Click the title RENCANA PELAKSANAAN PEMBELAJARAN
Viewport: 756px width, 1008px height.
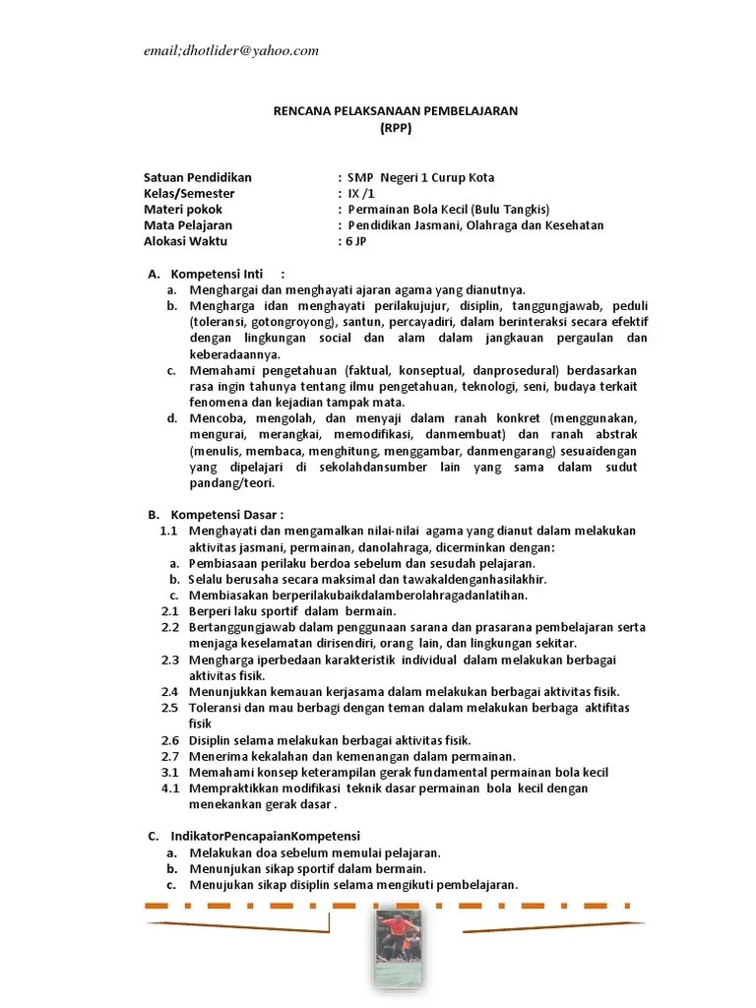pyautogui.click(x=395, y=111)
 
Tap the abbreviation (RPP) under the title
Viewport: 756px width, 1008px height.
pyautogui.click(x=395, y=127)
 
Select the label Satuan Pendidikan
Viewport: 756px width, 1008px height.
pyautogui.click(x=198, y=177)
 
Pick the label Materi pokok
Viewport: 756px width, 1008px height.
pyautogui.click(x=183, y=209)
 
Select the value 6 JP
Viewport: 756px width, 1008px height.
pyautogui.click(x=355, y=240)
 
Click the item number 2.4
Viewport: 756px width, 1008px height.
pyautogui.click(x=169, y=692)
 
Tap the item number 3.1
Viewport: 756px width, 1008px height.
pyautogui.click(x=169, y=772)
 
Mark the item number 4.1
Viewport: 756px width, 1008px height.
pyautogui.click(x=169, y=787)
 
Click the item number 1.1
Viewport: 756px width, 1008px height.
pyautogui.click(x=167, y=531)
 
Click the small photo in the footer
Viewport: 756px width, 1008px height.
pyautogui.click(x=400, y=948)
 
